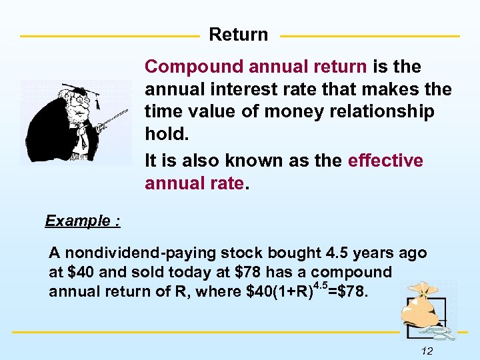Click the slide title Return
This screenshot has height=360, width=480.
(x=239, y=35)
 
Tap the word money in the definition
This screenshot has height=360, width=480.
(x=289, y=111)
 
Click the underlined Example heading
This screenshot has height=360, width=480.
(x=83, y=221)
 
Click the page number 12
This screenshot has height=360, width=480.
(x=427, y=351)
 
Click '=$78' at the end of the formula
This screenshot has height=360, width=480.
(x=347, y=291)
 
